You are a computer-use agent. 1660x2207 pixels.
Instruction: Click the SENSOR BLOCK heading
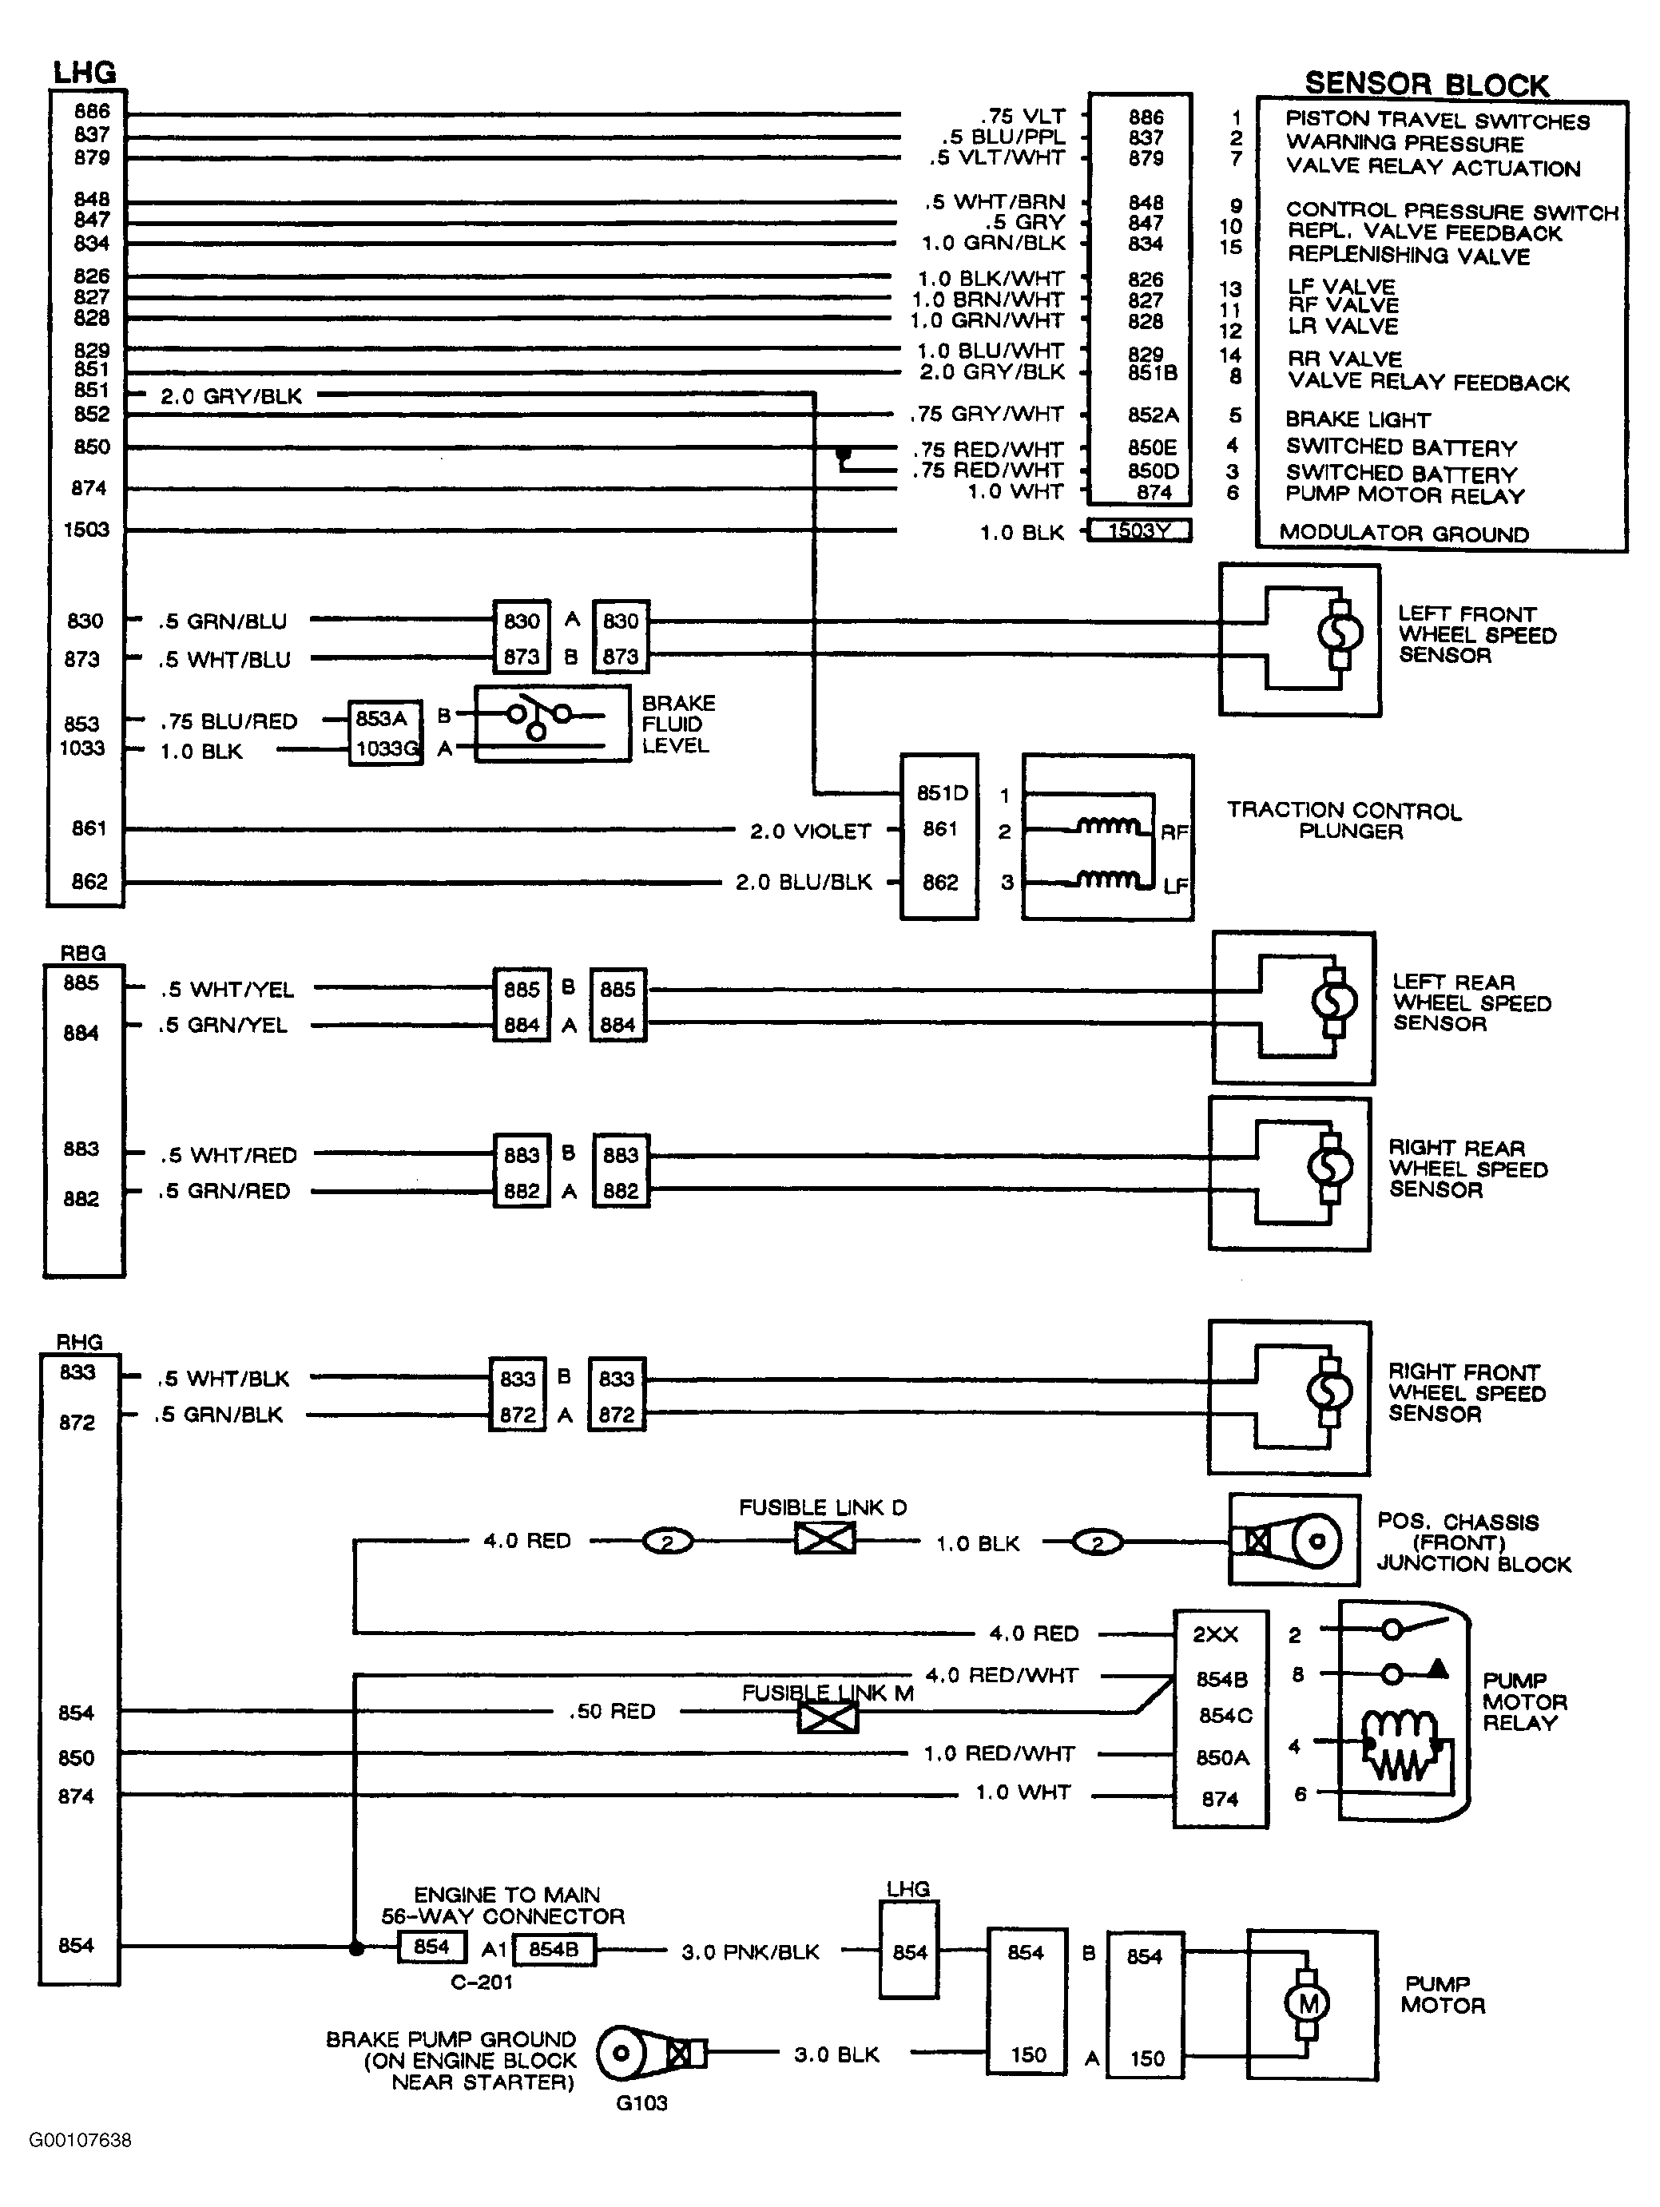(x=1427, y=84)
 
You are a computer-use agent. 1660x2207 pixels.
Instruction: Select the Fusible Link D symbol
(x=825, y=1538)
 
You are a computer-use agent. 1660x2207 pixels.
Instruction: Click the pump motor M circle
(x=1308, y=2003)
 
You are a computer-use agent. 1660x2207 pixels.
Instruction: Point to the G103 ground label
(x=641, y=2103)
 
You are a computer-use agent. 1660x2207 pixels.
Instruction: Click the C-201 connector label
(x=481, y=1983)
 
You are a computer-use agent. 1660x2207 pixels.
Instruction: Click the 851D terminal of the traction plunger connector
(x=943, y=793)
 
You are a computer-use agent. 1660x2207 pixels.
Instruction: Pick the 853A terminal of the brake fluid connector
(x=381, y=718)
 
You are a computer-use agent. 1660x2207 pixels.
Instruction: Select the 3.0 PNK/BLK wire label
(x=750, y=1952)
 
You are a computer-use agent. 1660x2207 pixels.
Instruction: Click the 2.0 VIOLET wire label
(x=810, y=831)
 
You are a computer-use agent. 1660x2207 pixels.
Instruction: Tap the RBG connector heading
(x=83, y=953)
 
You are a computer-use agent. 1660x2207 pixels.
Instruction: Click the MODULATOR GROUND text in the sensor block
(x=1404, y=534)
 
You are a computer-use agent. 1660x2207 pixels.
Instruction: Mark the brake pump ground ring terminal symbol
(x=650, y=2054)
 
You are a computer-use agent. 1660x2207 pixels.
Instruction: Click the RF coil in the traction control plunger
(x=1107, y=826)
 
